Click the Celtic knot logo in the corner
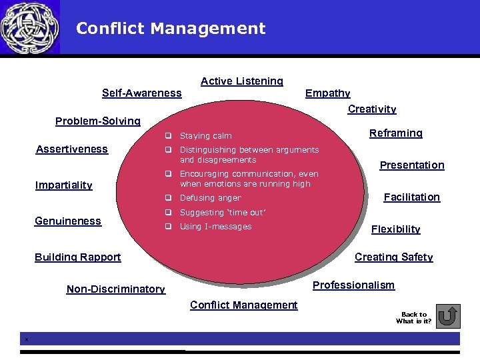click(29, 27)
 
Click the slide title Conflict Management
click(171, 29)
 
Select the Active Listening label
click(242, 81)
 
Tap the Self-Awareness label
click(141, 93)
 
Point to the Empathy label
click(327, 93)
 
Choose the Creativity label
click(372, 109)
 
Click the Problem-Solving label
click(98, 121)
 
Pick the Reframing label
click(396, 133)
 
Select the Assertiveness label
click(71, 149)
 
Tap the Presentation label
click(412, 165)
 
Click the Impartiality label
click(63, 185)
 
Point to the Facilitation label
click(412, 197)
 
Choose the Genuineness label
click(68, 221)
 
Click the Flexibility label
click(396, 229)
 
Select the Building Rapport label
click(78, 257)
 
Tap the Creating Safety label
click(394, 257)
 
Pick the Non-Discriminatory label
click(116, 289)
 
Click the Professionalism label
click(354, 285)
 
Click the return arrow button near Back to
click(450, 317)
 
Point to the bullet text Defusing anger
click(210, 198)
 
